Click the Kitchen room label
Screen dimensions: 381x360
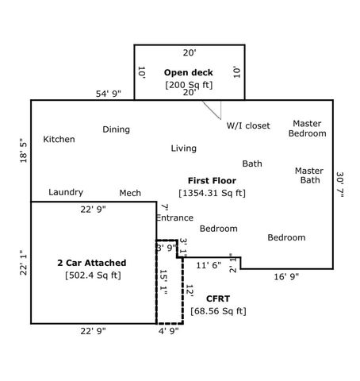click(59, 140)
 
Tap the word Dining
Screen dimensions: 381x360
click(116, 129)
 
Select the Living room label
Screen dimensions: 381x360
click(183, 148)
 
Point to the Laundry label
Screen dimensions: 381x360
click(66, 192)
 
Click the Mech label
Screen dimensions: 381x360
click(130, 193)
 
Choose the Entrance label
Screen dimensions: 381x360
click(174, 217)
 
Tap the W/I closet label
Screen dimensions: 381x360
click(248, 125)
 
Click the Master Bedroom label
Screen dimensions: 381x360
click(307, 129)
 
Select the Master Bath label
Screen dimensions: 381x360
click(308, 175)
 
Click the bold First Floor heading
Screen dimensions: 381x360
click(212, 181)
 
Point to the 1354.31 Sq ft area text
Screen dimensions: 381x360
click(212, 193)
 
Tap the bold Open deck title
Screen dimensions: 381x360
click(189, 73)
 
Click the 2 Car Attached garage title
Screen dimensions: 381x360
click(91, 263)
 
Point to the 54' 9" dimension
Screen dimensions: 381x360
click(109, 94)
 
